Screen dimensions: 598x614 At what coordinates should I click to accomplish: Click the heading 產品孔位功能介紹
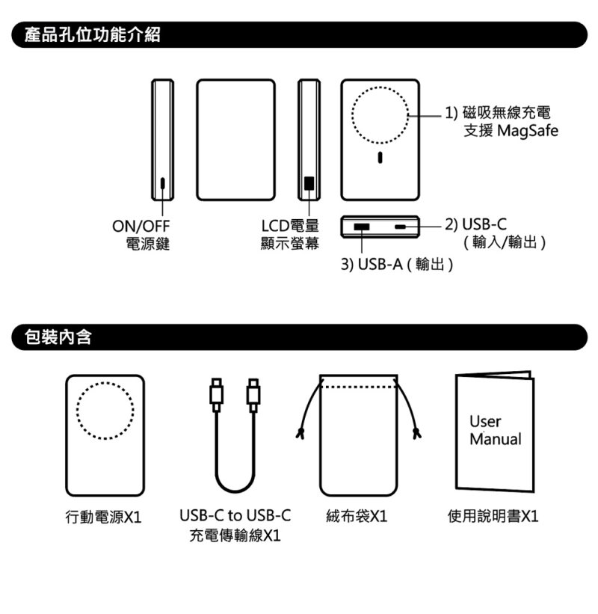pos(93,34)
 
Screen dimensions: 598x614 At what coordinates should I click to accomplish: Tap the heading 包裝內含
pos(58,337)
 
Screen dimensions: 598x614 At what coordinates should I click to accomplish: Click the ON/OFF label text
pos(141,226)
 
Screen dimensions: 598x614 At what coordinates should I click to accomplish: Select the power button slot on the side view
pos(163,183)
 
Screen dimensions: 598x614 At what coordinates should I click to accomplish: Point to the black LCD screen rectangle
pos(309,183)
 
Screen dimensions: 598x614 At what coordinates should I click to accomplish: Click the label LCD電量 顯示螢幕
pos(290,235)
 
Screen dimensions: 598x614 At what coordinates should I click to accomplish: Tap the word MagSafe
pos(528,131)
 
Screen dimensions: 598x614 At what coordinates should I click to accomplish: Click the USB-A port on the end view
pos(362,227)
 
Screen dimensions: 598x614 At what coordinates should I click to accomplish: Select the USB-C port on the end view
pos(401,227)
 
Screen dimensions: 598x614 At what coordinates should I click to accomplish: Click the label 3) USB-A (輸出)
pos(397,264)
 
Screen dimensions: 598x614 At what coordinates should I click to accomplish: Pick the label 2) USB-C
pos(476,224)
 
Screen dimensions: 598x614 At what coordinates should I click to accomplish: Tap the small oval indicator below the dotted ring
pos(380,157)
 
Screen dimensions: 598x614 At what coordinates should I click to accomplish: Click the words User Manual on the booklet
pos(495,430)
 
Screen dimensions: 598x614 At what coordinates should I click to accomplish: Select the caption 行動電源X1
pos(104,517)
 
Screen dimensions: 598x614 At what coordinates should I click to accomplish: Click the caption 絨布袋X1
pos(357,516)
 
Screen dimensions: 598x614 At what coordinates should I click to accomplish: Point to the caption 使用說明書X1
pos(493,516)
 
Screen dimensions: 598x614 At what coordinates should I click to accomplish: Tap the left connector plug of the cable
pos(217,395)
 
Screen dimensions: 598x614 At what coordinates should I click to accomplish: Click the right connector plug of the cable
pos(253,395)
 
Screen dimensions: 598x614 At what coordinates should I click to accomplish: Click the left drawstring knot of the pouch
pos(300,434)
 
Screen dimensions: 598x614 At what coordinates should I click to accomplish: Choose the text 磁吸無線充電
pos(506,113)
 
